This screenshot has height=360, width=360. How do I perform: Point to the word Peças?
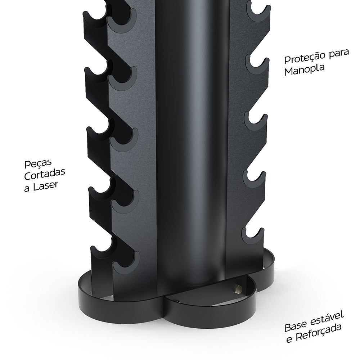point(36,164)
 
